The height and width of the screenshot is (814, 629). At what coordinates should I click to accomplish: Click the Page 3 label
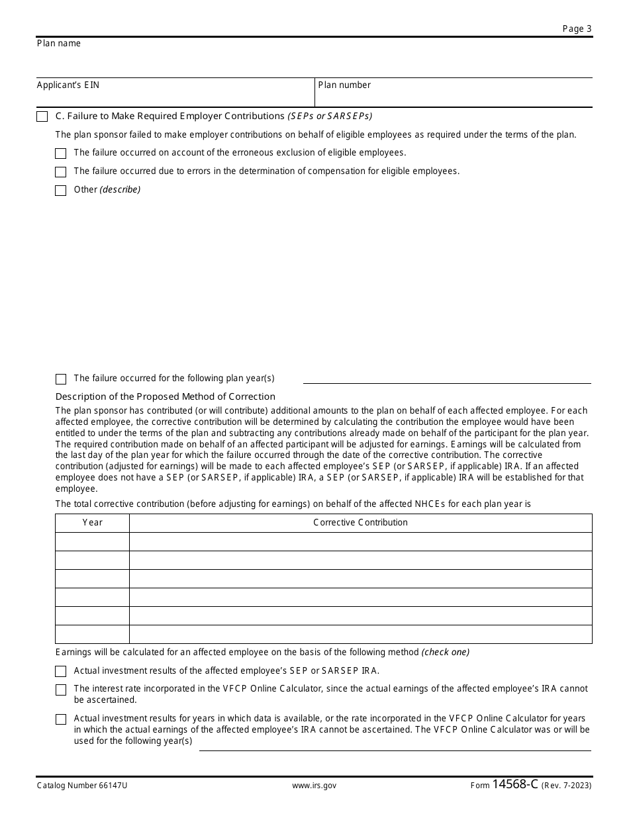(577, 28)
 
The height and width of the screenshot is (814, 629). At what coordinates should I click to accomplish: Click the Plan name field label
(59, 44)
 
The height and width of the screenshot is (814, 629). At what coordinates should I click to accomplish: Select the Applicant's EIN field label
(68, 85)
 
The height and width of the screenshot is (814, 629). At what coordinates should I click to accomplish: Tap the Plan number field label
(344, 85)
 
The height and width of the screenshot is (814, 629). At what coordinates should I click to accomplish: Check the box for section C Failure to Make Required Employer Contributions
(42, 116)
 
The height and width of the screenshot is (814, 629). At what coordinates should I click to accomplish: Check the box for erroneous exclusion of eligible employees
(61, 154)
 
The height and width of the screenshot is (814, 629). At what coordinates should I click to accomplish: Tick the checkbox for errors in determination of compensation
(61, 172)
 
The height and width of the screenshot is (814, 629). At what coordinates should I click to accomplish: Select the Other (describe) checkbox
(61, 191)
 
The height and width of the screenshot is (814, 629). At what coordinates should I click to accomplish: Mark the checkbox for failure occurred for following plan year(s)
(61, 379)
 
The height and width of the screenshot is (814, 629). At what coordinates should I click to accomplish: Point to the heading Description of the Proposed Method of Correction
(166, 396)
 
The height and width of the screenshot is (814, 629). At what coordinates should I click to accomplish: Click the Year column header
(93, 523)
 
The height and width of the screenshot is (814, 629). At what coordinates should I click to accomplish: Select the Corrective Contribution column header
(360, 523)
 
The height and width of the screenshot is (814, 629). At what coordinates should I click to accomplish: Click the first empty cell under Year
(93, 541)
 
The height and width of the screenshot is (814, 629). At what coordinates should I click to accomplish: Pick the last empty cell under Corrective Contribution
(360, 634)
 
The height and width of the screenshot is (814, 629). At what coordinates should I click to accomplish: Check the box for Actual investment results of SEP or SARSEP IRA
(61, 671)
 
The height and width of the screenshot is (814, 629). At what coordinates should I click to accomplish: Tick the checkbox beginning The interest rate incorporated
(61, 690)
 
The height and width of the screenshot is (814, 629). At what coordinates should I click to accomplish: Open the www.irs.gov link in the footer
(314, 786)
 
